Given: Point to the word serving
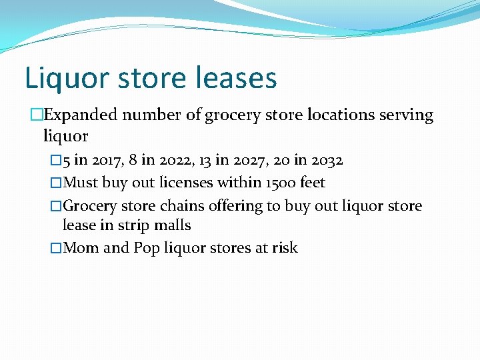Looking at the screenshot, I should tap(406, 115).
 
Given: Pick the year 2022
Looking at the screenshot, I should tap(171, 161).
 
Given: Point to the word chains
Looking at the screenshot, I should tap(182, 206).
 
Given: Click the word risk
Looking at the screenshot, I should tap(285, 248).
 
